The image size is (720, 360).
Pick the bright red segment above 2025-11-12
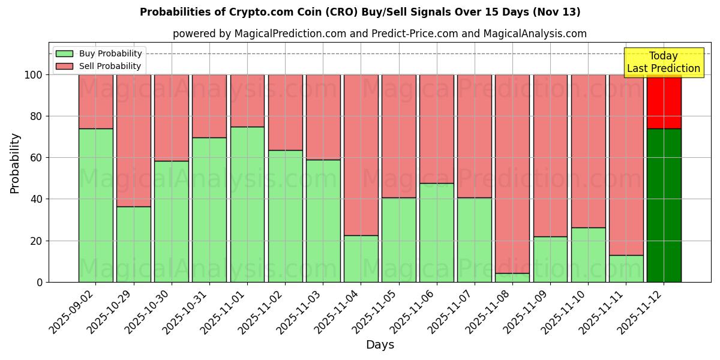point(664,101)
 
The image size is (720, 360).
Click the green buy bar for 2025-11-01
point(247,204)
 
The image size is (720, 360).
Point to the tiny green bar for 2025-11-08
point(512,277)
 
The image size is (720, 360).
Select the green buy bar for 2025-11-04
point(361,259)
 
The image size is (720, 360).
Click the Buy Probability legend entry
point(100,53)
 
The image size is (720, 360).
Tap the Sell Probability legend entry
point(100,67)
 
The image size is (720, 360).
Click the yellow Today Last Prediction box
point(663,62)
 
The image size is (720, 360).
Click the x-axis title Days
point(380,345)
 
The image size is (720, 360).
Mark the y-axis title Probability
point(15,163)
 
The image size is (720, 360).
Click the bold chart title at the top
point(360,12)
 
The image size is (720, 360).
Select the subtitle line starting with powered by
point(379,34)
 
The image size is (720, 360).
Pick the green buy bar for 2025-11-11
point(626,268)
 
